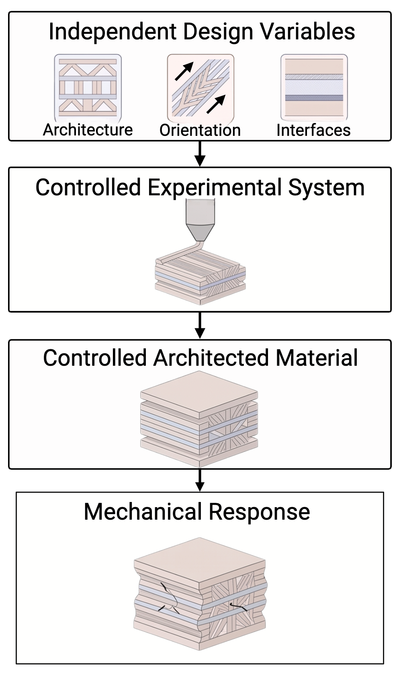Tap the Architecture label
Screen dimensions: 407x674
[88, 130]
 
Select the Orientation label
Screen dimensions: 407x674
[200, 130]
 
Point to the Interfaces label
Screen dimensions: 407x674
[313, 130]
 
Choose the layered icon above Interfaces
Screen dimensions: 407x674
[314, 87]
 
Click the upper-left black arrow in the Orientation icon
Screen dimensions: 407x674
[184, 71]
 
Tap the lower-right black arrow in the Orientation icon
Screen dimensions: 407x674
[216, 104]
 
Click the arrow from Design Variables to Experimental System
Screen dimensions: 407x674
[200, 154]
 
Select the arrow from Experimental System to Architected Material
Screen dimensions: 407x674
[200, 325]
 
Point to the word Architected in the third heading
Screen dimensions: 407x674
[211, 358]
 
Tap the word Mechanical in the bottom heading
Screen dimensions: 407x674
[143, 512]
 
